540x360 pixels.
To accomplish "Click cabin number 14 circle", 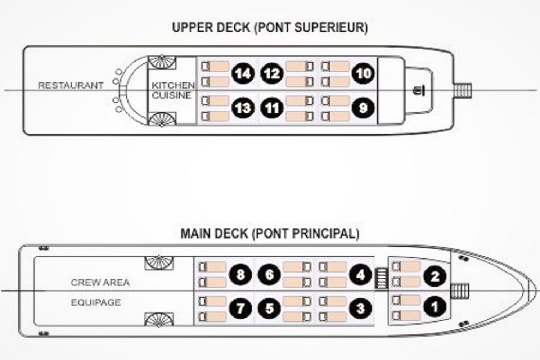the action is coord(243,73).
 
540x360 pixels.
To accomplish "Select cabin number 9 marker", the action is coord(363,108).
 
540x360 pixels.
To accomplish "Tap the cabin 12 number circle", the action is coord(272,73).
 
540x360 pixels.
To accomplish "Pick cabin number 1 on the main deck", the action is coord(435,307).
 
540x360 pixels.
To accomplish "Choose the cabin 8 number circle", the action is coord(240,274).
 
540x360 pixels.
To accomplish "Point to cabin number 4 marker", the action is coord(360,274).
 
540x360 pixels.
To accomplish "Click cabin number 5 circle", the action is coord(269,308).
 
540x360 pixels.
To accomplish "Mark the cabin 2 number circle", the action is coord(435,276).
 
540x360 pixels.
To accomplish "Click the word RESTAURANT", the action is coord(71,85).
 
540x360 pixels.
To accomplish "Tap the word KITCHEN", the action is coord(173,85).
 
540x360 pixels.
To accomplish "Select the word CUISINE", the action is coord(171,95).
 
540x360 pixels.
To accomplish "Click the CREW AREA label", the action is coord(100,282).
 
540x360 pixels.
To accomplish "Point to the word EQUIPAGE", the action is coord(96,302).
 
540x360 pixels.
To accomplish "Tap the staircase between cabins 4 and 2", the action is coord(381,279).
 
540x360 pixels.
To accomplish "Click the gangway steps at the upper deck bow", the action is coord(462,90).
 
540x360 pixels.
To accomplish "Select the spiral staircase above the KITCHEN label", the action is coord(162,62).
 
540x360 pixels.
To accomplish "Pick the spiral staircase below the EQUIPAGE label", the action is coord(159,319).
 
